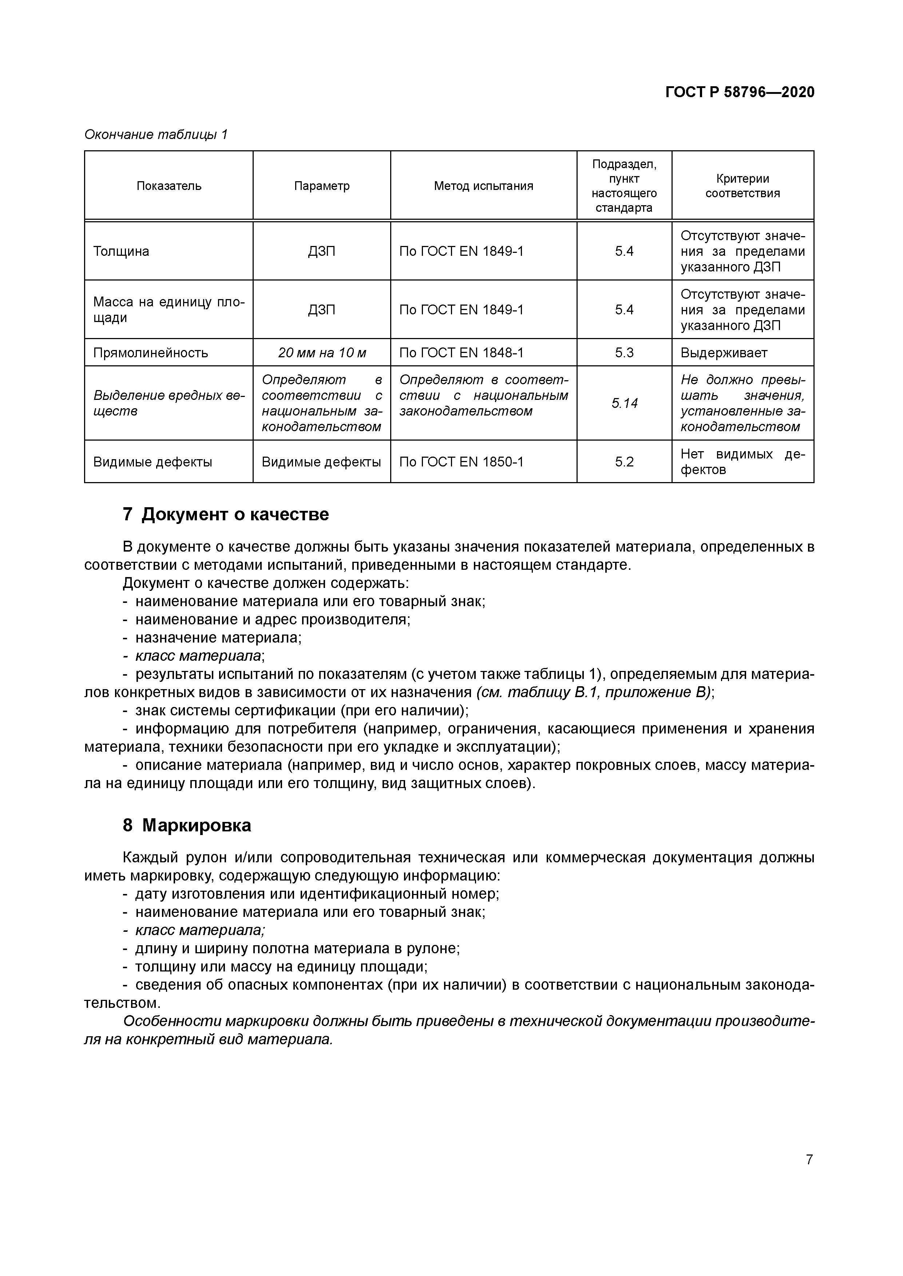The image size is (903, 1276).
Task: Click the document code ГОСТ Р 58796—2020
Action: [740, 92]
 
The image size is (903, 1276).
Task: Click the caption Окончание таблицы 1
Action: [156, 135]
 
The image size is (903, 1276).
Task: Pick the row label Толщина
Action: [121, 251]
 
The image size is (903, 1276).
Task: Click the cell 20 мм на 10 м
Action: [322, 353]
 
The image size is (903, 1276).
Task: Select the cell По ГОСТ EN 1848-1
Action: [461, 353]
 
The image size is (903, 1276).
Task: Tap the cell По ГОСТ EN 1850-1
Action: [461, 462]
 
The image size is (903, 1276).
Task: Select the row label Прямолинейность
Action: [151, 353]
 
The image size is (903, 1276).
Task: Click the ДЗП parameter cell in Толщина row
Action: [322, 251]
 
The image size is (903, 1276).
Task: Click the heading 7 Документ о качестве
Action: [226, 514]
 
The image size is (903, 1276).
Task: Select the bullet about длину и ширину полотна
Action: [297, 949]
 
